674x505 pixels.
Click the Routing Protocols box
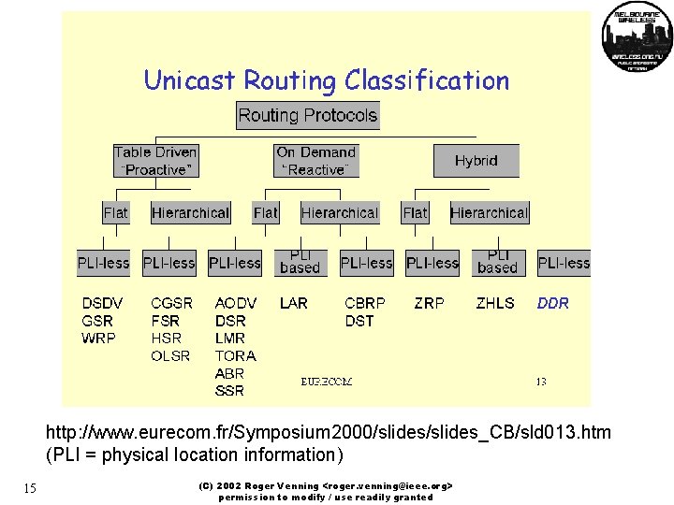[307, 116]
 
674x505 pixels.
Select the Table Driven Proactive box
[155, 160]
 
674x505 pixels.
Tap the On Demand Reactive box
[316, 160]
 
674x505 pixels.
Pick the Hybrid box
[476, 161]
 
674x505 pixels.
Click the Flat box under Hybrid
[415, 213]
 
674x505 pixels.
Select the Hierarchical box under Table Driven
[190, 213]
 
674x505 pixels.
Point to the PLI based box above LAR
[300, 262]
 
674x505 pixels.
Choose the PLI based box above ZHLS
[497, 262]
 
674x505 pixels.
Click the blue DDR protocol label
[552, 303]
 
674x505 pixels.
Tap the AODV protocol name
[235, 303]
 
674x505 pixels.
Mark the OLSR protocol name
[170, 355]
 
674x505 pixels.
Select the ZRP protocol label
[429, 303]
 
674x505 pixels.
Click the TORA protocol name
[235, 355]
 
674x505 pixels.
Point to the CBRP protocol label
[364, 303]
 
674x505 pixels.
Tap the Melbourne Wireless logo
[637, 36]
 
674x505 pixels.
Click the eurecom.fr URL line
[329, 433]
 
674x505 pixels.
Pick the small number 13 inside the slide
[541, 381]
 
